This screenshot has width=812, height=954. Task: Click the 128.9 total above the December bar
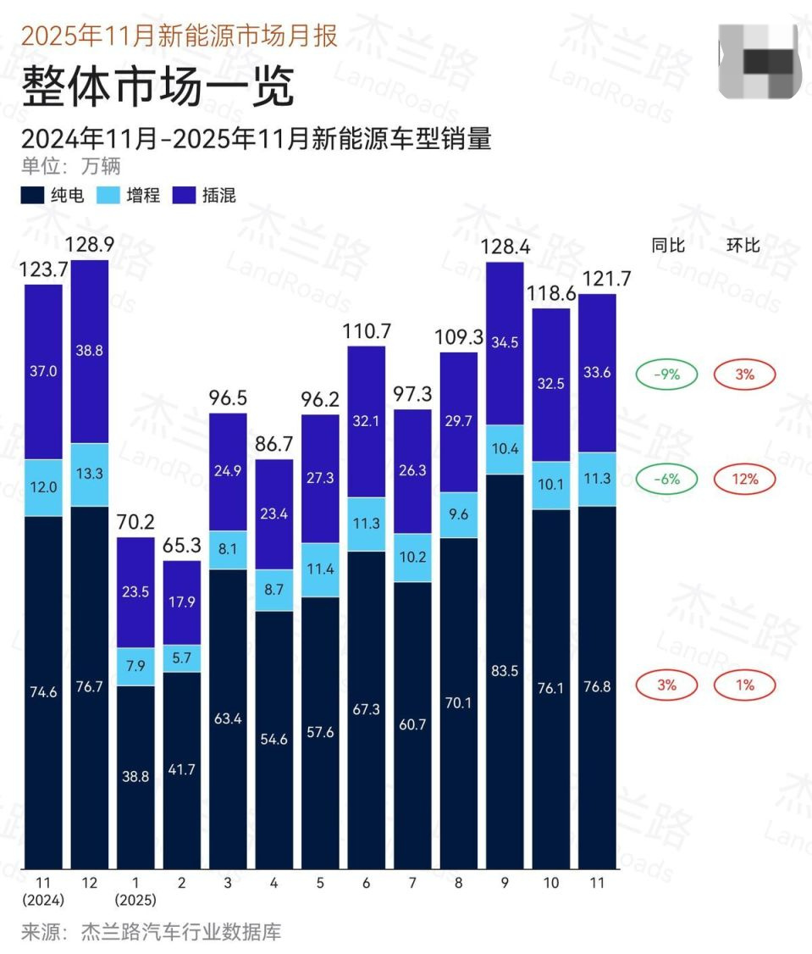[89, 246]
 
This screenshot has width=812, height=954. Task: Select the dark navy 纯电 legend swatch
[33, 196]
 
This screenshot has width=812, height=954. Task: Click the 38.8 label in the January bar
[135, 776]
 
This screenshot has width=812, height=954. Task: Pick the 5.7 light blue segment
[181, 657]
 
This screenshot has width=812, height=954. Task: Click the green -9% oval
[667, 374]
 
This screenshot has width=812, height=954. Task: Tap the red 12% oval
[744, 479]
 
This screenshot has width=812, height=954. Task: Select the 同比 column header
[667, 246]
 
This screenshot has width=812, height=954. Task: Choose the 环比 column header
[743, 246]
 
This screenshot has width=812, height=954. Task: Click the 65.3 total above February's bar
[181, 546]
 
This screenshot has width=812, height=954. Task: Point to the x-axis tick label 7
[412, 883]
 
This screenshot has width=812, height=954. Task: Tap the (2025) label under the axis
[135, 899]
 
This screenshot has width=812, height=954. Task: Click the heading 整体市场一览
[157, 86]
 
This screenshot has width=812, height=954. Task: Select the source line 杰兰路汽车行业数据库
[180, 933]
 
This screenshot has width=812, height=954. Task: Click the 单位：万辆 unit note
[71, 165]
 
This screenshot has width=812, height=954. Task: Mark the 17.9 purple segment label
[181, 602]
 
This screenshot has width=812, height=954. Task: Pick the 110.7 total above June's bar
[366, 331]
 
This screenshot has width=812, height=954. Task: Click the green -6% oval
[667, 479]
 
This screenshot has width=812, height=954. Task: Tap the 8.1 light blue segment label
[228, 549]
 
